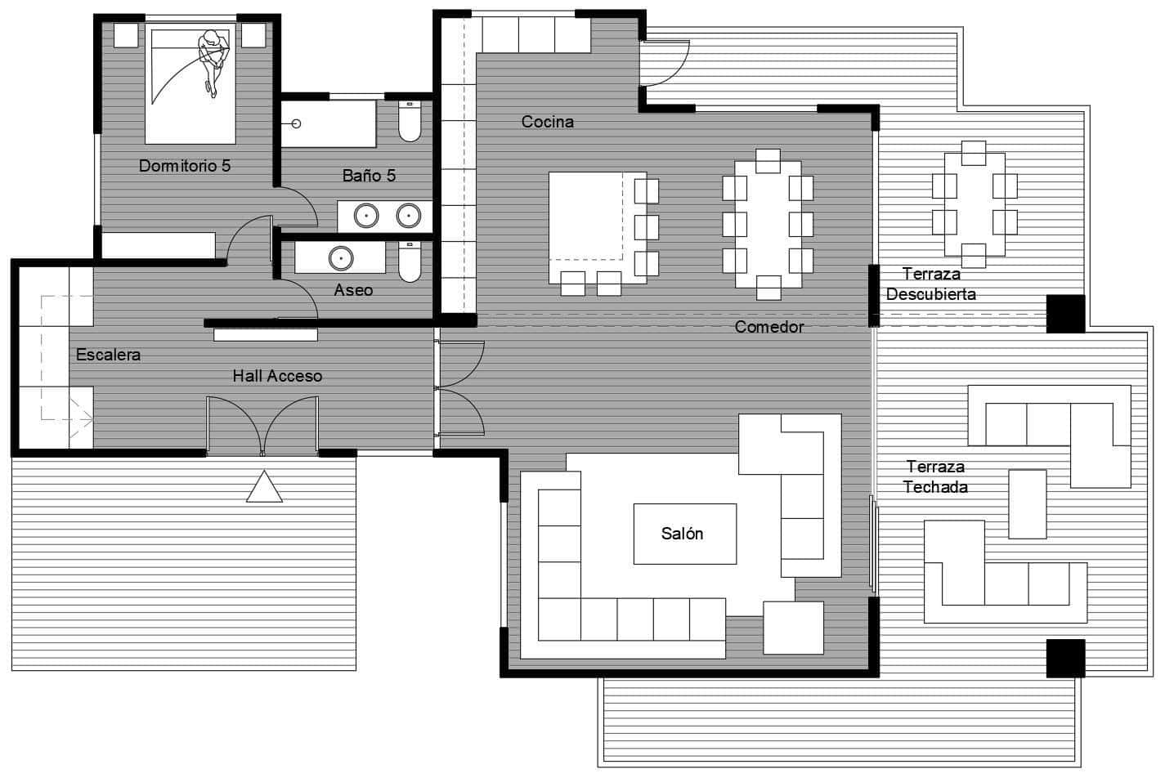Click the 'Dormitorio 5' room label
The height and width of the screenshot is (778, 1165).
[185, 166]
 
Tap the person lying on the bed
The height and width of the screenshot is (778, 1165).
[214, 60]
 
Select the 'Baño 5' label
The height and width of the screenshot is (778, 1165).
[369, 176]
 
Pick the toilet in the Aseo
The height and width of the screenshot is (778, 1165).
[410, 262]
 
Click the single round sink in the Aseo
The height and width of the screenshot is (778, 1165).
[339, 258]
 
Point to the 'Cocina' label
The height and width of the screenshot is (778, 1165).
[548, 122]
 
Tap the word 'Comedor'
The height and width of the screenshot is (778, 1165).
[768, 327]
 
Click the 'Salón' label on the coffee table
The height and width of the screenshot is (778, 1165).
[683, 534]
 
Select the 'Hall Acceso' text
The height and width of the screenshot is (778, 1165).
[277, 376]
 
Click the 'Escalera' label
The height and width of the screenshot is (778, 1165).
[108, 355]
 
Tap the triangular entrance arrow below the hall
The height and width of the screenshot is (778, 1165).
[264, 487]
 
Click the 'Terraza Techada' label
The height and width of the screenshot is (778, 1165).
[935, 476]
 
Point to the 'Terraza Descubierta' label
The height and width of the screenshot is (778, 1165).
[930, 284]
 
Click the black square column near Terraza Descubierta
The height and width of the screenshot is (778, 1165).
[1065, 314]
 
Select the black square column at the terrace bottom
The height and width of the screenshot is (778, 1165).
[1065, 658]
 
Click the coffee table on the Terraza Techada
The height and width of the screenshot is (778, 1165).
[1027, 503]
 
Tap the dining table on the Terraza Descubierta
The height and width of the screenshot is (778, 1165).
[975, 204]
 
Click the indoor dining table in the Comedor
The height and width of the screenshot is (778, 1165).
[768, 224]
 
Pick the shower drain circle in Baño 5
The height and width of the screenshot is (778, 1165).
[296, 123]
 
